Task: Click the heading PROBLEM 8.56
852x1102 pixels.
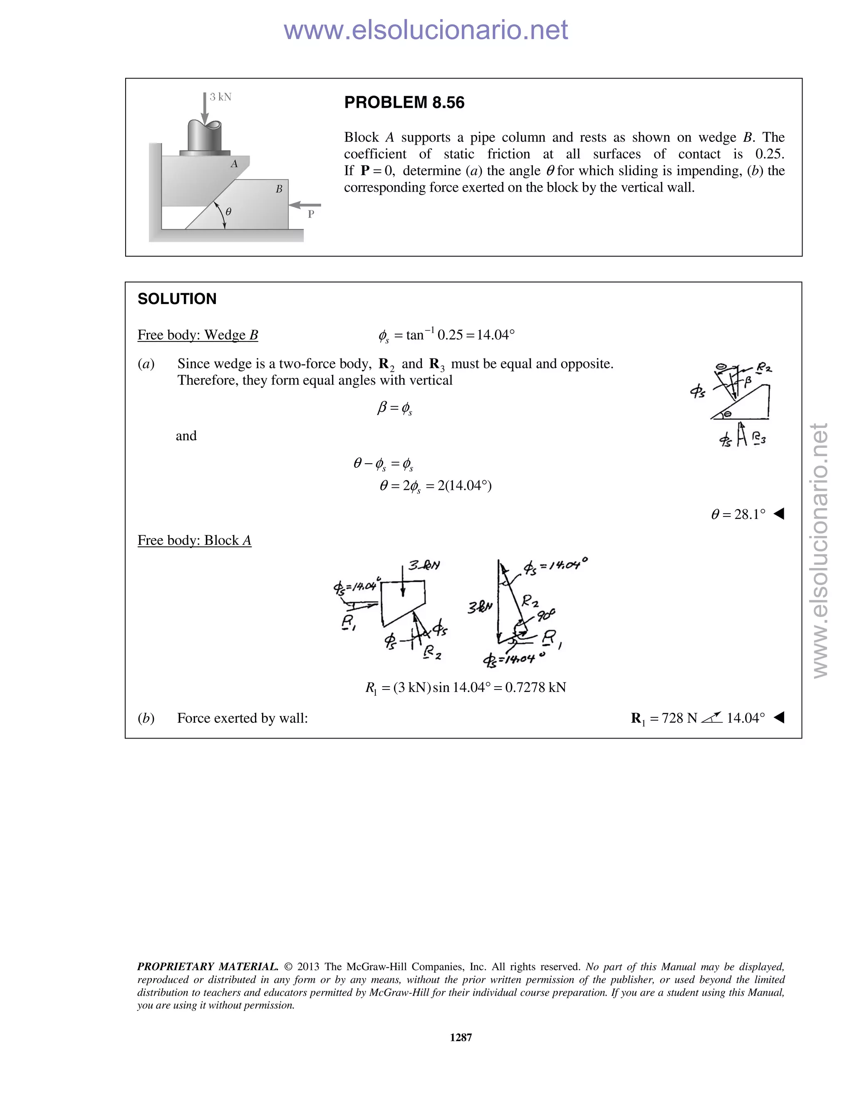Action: click(x=404, y=103)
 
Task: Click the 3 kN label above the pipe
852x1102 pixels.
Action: click(x=220, y=97)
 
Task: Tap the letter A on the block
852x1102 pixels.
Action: click(x=234, y=164)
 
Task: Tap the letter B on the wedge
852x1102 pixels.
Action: click(x=279, y=189)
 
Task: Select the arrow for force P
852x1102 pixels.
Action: click(x=305, y=205)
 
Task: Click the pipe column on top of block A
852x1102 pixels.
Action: click(x=204, y=136)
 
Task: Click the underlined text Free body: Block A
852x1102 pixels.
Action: click(x=194, y=541)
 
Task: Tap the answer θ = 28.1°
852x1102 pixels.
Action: click(x=738, y=514)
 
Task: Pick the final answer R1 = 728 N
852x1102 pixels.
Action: click(x=664, y=718)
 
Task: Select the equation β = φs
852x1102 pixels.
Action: click(x=395, y=408)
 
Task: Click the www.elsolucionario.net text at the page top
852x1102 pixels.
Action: click(x=426, y=30)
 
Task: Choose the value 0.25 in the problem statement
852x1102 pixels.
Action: click(x=769, y=154)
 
